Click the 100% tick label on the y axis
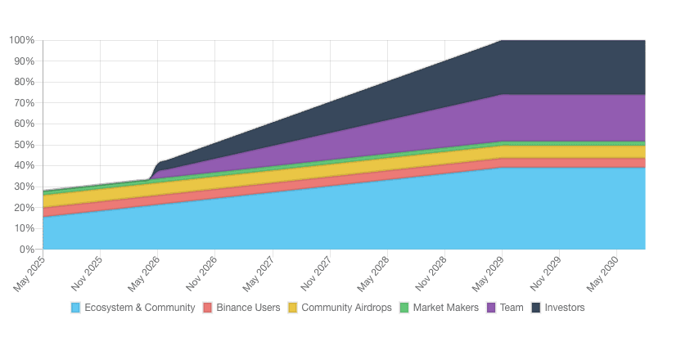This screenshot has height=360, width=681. pos(21,40)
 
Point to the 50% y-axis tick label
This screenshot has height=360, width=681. pos(24,145)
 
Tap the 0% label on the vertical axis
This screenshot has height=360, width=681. pos(26,249)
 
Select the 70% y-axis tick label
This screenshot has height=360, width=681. pos(24,103)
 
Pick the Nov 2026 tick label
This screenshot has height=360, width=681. pos(203,272)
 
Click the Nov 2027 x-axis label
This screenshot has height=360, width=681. pos(318,272)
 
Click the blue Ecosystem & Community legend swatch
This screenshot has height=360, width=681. pos(76,308)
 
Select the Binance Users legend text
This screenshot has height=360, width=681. pos(248,308)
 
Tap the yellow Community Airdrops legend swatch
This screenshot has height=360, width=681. pos(293,308)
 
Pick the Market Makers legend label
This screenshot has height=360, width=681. pos(445,308)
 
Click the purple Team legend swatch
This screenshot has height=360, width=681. pos(491,308)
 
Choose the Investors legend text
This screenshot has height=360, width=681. pos(565,308)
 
